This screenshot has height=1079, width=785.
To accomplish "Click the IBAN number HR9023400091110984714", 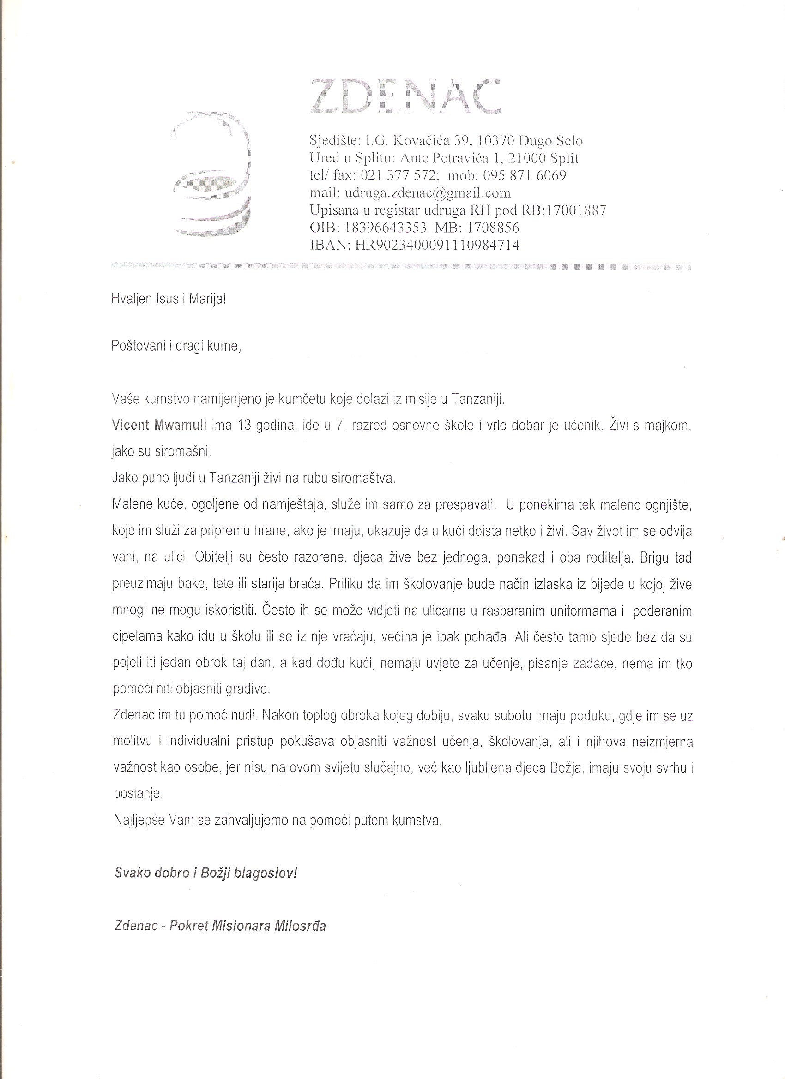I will pyautogui.click(x=437, y=245).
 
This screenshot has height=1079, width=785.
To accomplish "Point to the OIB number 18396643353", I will pyautogui.click(x=385, y=228).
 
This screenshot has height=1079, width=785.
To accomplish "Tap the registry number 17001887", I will pyautogui.click(x=576, y=210).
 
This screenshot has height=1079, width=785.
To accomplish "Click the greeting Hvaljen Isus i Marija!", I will pyautogui.click(x=168, y=299).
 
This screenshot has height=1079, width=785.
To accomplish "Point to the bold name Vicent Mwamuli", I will pyautogui.click(x=159, y=425).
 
